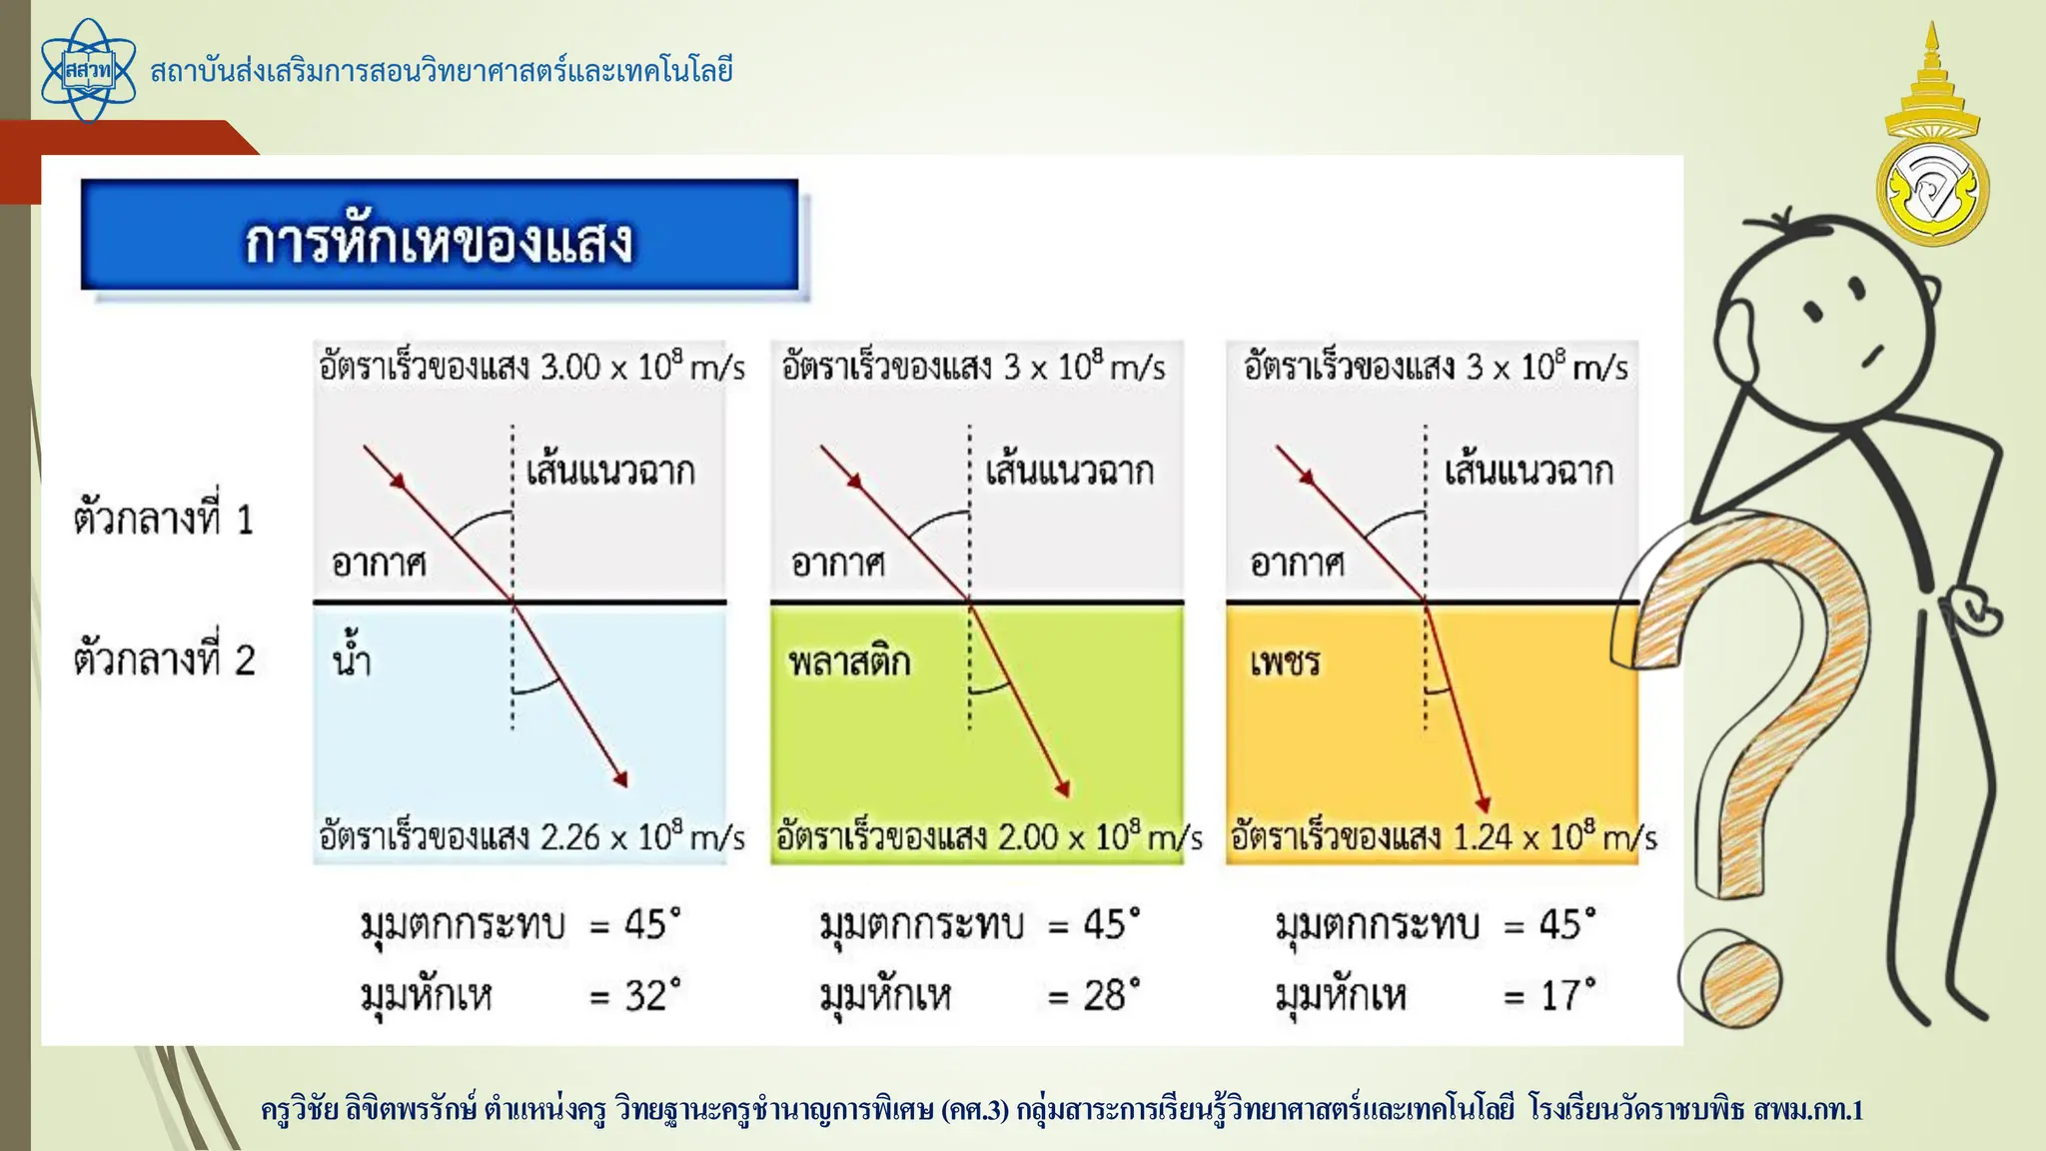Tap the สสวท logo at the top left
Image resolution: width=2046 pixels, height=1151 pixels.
tap(88, 71)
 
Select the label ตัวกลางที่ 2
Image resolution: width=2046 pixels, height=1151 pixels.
tap(164, 659)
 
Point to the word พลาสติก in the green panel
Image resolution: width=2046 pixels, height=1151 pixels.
tap(849, 661)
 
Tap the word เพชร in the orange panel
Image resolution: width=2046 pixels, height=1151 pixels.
tap(1285, 661)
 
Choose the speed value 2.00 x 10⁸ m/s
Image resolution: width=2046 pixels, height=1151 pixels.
tap(1099, 836)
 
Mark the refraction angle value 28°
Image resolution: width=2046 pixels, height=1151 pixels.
tap(1111, 995)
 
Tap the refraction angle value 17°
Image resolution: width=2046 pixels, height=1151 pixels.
tap(1567, 995)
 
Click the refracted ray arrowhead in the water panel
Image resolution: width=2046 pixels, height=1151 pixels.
tap(620, 779)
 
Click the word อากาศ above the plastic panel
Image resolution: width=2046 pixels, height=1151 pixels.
tap(837, 564)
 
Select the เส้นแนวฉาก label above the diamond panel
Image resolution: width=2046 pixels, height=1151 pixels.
tap(1529, 471)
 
